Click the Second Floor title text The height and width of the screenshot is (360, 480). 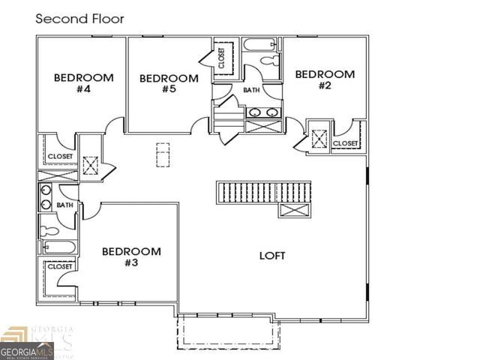[80, 18]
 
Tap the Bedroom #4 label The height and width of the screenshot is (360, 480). [83, 83]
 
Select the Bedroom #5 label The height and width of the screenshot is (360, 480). [169, 84]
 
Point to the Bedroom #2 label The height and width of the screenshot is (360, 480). [324, 79]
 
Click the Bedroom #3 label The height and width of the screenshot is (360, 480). [131, 256]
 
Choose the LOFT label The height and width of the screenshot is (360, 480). [272, 255]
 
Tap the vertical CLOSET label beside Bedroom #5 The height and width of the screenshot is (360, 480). [222, 58]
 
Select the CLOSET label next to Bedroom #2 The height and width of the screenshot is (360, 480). [345, 143]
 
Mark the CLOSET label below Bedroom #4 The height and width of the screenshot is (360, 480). [60, 157]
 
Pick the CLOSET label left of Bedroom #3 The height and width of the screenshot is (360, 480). [60, 266]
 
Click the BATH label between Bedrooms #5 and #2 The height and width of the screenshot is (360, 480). [251, 90]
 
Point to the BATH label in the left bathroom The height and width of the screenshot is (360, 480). [65, 205]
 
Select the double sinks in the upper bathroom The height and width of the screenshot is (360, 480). [263, 113]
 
